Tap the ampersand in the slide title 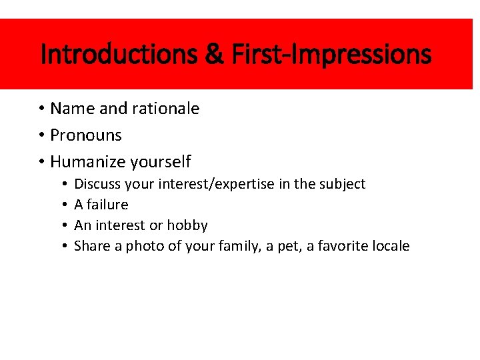coord(215,55)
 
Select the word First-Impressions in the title coord(331,55)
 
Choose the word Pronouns coord(86,135)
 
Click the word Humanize coord(88,162)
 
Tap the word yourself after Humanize coord(161,162)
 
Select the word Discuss coord(97,184)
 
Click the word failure coord(107,205)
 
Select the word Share coord(92,246)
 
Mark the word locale coord(389,246)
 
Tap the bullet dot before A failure coord(63,205)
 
